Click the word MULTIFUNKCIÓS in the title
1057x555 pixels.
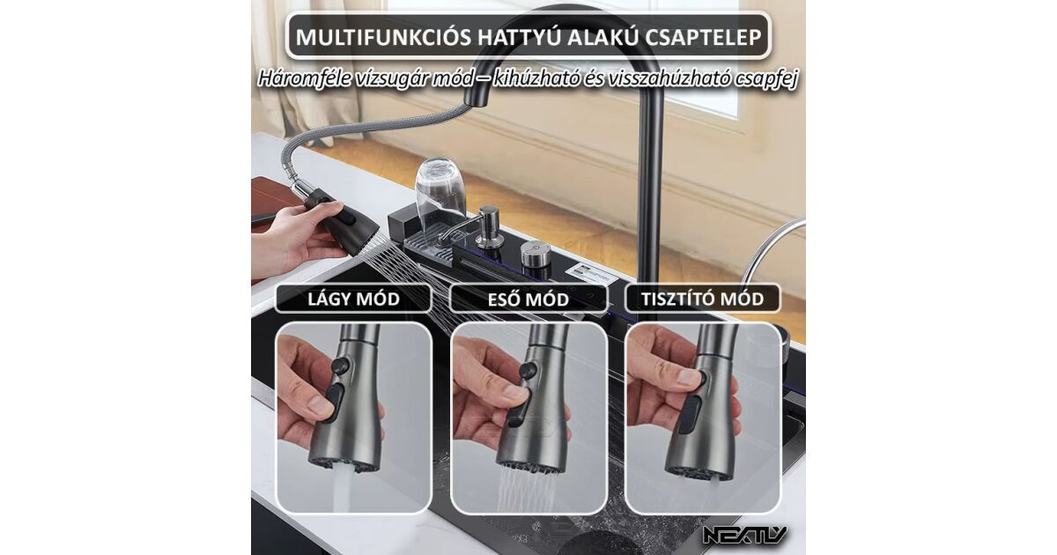(x=383, y=37)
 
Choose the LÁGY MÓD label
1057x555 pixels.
(x=353, y=299)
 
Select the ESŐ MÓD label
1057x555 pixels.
(x=528, y=300)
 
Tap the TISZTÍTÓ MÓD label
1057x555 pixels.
(x=703, y=299)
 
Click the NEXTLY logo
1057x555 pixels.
(x=744, y=536)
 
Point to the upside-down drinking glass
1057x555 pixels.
(x=440, y=192)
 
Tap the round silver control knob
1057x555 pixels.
(x=536, y=255)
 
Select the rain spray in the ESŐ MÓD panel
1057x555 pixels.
(x=527, y=490)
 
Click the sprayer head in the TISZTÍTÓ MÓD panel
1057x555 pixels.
(x=703, y=406)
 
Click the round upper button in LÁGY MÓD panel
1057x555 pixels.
(x=340, y=366)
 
